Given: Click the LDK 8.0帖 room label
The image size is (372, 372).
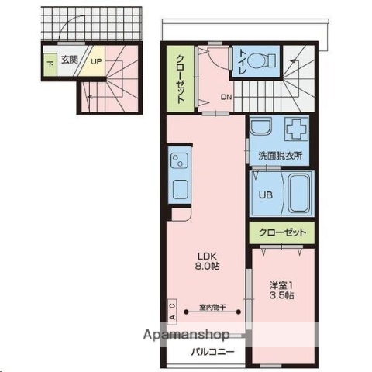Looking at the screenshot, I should tap(206, 260).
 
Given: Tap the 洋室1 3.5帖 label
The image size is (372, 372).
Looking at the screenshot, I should tap(281, 289).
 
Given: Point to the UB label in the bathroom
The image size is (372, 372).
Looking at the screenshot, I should tap(264, 195).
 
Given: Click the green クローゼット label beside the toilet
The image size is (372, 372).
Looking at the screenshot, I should tap(179, 78).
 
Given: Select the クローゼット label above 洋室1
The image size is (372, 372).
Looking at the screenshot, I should tap(282, 232).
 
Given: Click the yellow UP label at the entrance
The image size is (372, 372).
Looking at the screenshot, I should tap(97, 60).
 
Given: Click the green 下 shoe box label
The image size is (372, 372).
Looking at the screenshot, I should tap(49, 62).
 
